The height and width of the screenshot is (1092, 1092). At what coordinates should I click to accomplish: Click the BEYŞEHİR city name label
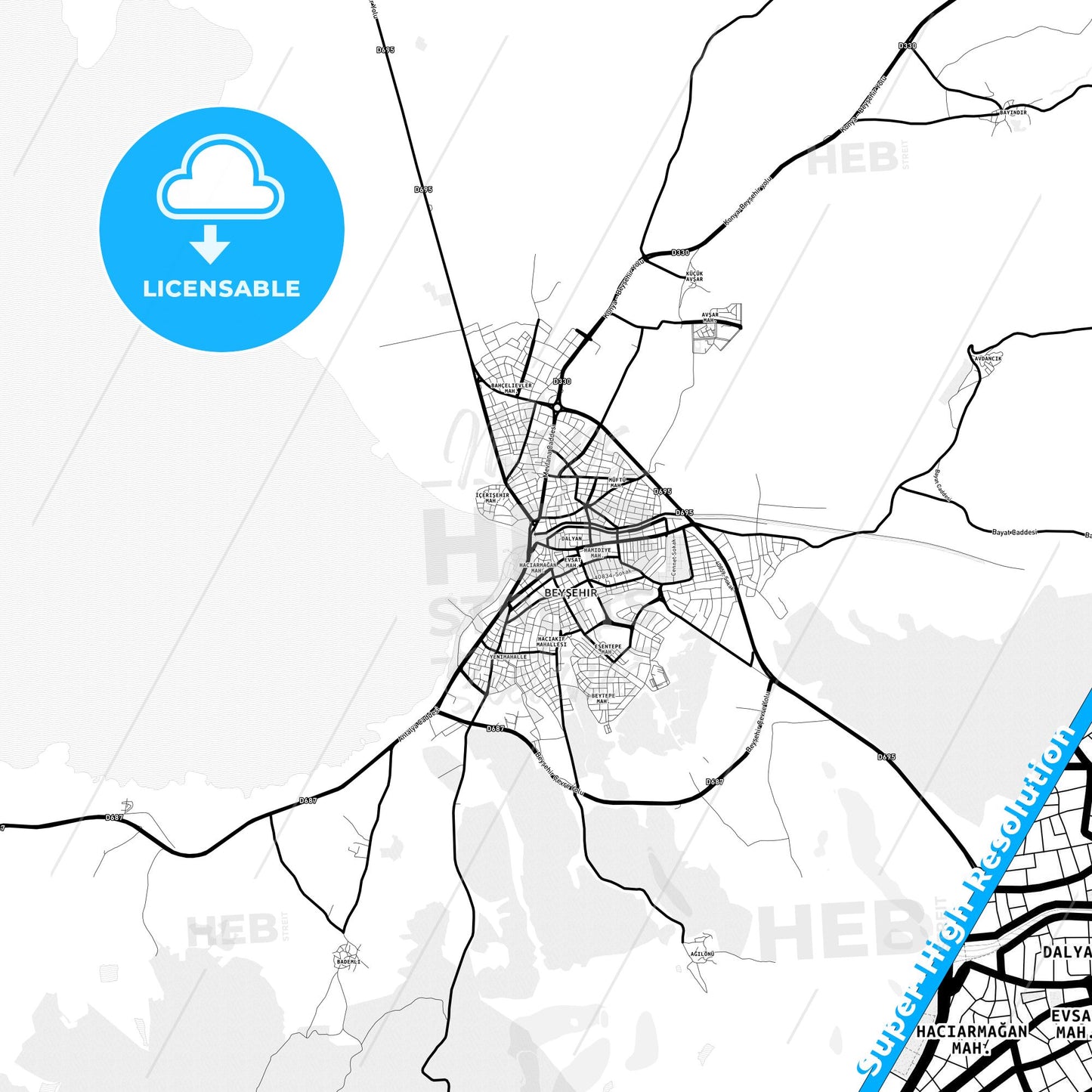coord(571,593)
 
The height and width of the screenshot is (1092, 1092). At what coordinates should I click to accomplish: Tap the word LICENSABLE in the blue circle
coord(221,289)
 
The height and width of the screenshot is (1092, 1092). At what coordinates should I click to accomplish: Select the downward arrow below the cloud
coord(210,244)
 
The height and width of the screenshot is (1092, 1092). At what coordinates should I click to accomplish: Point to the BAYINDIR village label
coord(1013,112)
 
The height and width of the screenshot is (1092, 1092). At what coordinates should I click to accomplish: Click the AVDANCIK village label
coord(988,358)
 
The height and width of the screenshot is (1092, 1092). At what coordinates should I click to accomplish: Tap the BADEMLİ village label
coord(348,962)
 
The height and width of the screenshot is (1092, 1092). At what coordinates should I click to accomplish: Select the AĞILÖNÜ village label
coord(702,954)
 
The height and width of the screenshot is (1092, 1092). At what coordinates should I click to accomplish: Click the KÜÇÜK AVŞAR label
coord(694,276)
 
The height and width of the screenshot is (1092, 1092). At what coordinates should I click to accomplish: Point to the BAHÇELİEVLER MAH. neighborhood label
coord(512,388)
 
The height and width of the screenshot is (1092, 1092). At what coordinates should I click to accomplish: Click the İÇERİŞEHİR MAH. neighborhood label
coord(491,497)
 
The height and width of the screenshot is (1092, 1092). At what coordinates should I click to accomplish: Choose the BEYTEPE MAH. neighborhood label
coord(602,698)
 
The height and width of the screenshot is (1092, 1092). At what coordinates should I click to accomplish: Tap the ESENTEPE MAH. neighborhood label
coord(608,648)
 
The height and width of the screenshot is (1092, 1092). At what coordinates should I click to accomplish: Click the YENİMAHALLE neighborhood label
coord(509,657)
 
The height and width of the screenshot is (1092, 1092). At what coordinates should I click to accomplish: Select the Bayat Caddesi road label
coord(1013,532)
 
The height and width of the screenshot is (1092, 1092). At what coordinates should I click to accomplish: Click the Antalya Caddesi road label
coord(418,725)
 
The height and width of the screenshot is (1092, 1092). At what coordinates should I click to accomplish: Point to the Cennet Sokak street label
coord(674,556)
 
